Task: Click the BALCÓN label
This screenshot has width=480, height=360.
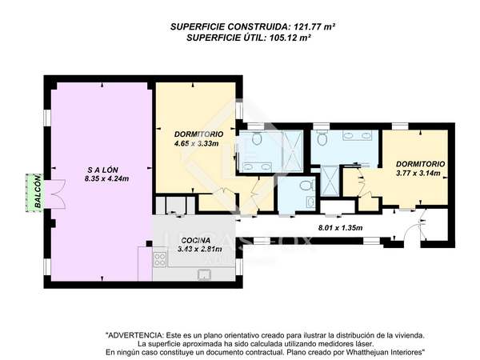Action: coord(38,191)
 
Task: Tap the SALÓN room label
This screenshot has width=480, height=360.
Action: coord(103,170)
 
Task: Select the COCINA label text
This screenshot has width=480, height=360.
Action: coord(196,241)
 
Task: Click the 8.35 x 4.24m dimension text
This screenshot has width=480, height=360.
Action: coord(107,178)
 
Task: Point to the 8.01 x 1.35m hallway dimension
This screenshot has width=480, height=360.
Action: coord(341,228)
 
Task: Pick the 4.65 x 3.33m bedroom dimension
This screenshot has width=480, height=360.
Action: coord(196,143)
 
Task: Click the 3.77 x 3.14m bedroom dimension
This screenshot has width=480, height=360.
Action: coord(418,174)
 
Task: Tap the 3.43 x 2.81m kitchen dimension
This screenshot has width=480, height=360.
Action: coord(200,249)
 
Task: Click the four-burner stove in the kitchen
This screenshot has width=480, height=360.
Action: coord(160,258)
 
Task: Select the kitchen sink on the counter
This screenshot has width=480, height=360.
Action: coord(204,274)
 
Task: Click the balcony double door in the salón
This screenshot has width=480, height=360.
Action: coord(55,194)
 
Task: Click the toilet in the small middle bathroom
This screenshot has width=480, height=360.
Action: coord(306,186)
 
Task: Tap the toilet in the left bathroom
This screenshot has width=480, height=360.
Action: coord(257,138)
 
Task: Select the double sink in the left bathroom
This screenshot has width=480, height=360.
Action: coord(258,167)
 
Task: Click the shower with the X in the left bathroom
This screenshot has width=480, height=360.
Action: coord(292,150)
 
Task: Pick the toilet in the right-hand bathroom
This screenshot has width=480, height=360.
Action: coord(322,138)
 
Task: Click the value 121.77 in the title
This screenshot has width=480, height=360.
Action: coord(307,26)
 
